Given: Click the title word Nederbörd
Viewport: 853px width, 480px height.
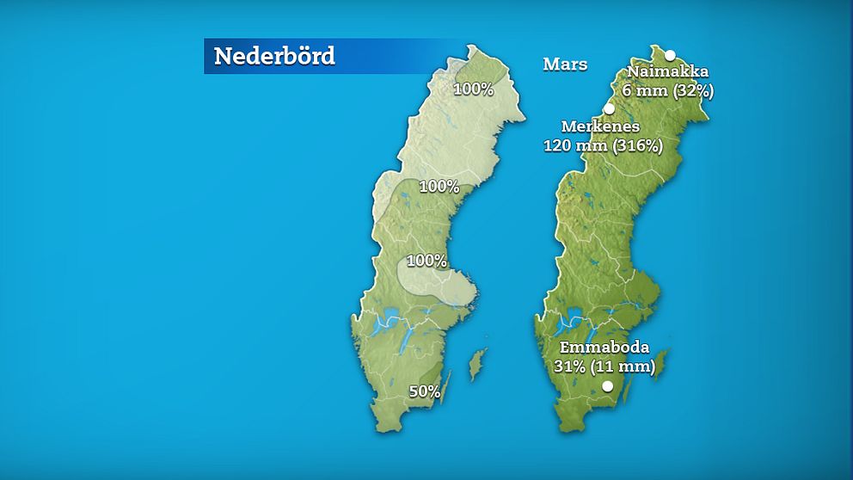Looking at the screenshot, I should pos(274,56).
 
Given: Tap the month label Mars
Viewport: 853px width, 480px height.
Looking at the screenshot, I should pos(565,65).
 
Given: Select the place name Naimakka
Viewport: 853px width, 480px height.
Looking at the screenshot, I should pos(667,71).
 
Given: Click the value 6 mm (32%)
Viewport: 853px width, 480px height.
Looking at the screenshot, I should pos(668,89).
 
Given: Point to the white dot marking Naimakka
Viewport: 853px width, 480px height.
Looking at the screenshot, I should pos(670,55).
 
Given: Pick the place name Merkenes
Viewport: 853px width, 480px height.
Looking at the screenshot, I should pos(600,127).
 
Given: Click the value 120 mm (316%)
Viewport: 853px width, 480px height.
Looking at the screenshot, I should pos(603,145).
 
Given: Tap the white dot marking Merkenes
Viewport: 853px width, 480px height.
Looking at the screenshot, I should pos(610,108).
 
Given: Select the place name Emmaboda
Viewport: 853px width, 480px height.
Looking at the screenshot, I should pos(604,348).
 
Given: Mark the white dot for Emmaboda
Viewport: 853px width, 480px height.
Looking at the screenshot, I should pos(608,387).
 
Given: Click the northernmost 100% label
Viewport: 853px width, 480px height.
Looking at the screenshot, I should pos(473,89).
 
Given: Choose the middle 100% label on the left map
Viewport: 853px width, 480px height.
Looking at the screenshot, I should pos(439,186).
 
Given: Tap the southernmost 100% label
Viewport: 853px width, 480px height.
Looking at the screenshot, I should pos(426,261).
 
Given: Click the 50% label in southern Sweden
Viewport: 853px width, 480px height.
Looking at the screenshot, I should pos(424,392).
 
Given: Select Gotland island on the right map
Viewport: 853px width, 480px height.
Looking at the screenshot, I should pos(662,362).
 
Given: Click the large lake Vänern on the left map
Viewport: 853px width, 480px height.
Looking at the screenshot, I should pos(386,315).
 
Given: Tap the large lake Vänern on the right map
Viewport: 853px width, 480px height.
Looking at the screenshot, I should pos(571,315).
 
